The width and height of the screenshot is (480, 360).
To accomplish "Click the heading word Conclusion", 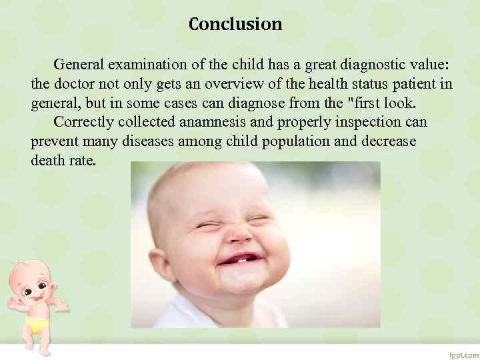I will (x=235, y=25).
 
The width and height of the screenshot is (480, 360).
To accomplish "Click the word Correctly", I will (x=83, y=123).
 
